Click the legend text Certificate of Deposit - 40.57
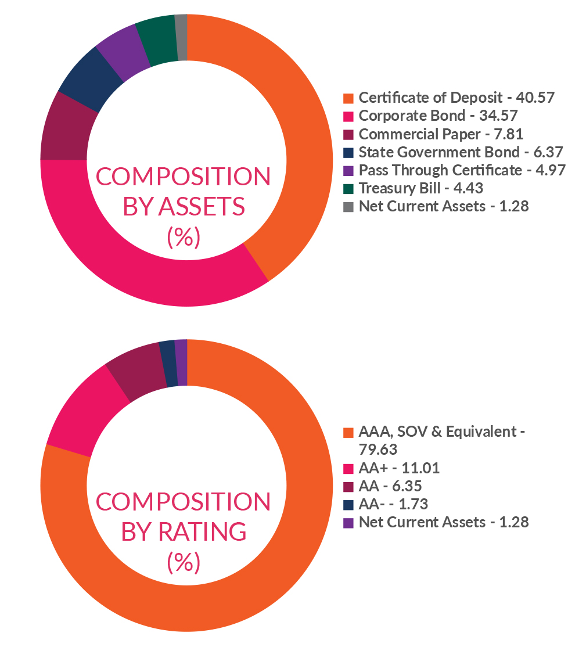coord(456,98)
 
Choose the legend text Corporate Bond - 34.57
coord(438,116)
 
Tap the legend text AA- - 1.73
coord(393,504)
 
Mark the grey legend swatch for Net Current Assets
coord(348,207)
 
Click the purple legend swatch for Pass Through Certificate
coord(348,171)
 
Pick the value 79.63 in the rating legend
coord(378,450)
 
